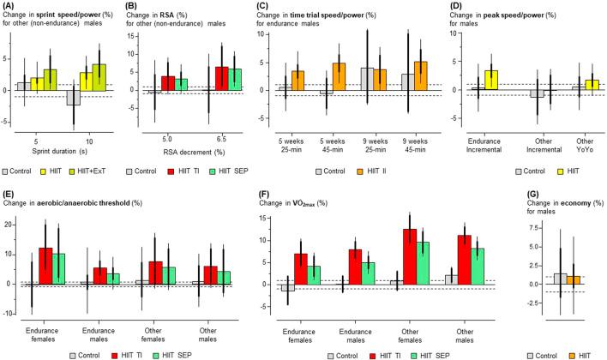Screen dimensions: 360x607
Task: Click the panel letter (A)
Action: pyautogui.click(x=11, y=9)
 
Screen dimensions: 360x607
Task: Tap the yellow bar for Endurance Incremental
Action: pyautogui.click(x=492, y=80)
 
